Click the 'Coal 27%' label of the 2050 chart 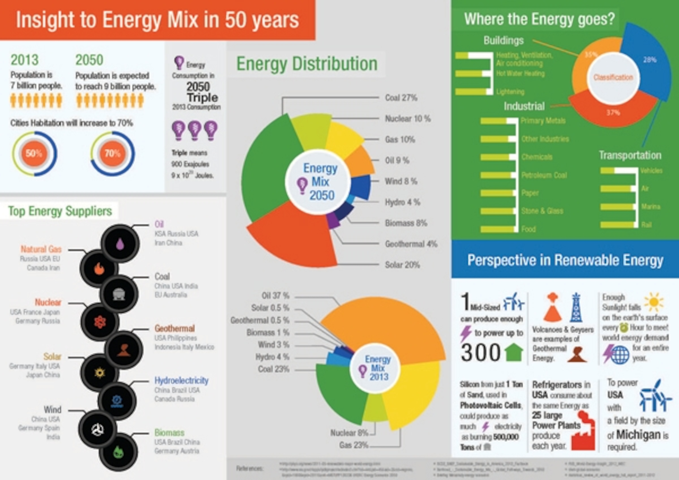pyautogui.click(x=401, y=98)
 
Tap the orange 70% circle pyautogui.click(x=112, y=153)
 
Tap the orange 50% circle pyautogui.click(x=34, y=153)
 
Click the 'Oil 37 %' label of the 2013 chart pyautogui.click(x=275, y=296)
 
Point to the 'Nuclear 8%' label pyautogui.click(x=349, y=433)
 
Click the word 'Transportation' pyautogui.click(x=630, y=155)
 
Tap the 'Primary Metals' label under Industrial pyautogui.click(x=543, y=121)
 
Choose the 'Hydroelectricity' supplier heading pyautogui.click(x=181, y=381)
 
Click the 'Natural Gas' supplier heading pyautogui.click(x=41, y=249)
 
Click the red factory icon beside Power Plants pyautogui.click(x=583, y=432)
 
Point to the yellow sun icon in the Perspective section pyautogui.click(x=654, y=302)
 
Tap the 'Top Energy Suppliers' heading pyautogui.click(x=60, y=211)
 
